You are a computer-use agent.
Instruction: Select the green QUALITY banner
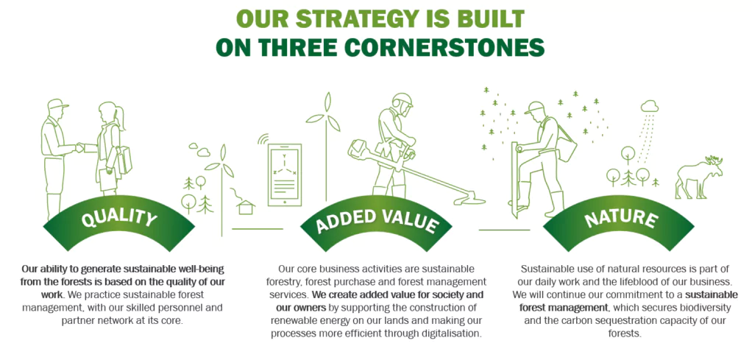coord(119,222)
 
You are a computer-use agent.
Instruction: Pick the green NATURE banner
coord(619,222)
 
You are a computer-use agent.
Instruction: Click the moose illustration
coord(698,177)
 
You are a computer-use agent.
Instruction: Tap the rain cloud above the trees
coord(650,106)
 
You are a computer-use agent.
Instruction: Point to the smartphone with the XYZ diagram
coord(285,174)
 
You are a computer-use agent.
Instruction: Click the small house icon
coord(246,207)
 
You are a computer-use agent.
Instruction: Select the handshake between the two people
coord(79,148)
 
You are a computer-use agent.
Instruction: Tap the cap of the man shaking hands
coord(57,104)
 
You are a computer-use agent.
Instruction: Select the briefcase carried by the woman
coord(124,160)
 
